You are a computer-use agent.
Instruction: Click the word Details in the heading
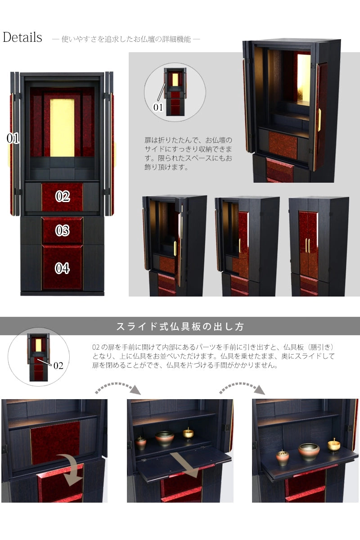coord(22,37)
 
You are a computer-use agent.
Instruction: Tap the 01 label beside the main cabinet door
coord(13,139)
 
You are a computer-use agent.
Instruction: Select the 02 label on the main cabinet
coord(63,196)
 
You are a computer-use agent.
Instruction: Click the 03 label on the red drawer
coord(63,231)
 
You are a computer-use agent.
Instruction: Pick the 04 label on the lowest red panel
coord(63,268)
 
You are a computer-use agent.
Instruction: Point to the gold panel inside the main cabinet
coord(62,128)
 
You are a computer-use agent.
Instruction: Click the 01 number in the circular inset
coord(158,107)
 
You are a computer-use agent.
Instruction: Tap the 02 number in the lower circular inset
coord(58,365)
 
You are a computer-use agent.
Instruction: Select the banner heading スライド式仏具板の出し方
coord(180,327)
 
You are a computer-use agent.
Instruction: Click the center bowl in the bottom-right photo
coord(309,451)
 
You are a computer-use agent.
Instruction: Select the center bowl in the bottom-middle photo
coord(165,438)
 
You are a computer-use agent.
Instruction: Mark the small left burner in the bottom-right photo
coord(283,457)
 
